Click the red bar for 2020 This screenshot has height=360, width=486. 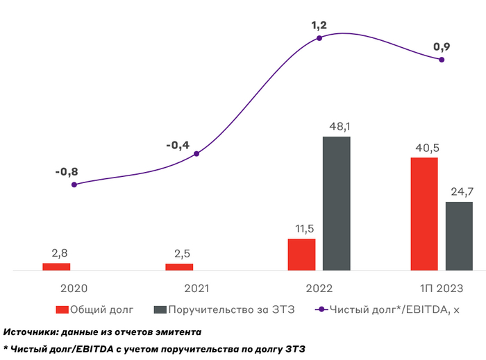tap(56, 266)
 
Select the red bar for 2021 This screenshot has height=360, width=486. tap(179, 266)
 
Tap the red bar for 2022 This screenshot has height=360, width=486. tap(301, 254)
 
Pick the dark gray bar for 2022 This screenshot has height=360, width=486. tap(337, 203)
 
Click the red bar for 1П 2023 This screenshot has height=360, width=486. tap(424, 214)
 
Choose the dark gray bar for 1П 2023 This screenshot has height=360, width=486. tap(459, 236)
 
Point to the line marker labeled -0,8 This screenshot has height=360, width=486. tap(74, 185)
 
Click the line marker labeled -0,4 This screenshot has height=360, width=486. tap(196, 153)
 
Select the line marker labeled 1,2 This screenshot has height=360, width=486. tap(319, 38)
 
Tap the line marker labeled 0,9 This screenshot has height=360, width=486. tap(442, 60)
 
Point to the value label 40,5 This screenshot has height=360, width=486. tap(424, 148)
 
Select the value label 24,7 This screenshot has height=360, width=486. tap(459, 192)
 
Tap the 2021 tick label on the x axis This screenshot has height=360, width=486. tap(196, 289)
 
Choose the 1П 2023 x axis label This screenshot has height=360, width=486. tap(442, 289)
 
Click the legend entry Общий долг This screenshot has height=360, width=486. tap(94, 309)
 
